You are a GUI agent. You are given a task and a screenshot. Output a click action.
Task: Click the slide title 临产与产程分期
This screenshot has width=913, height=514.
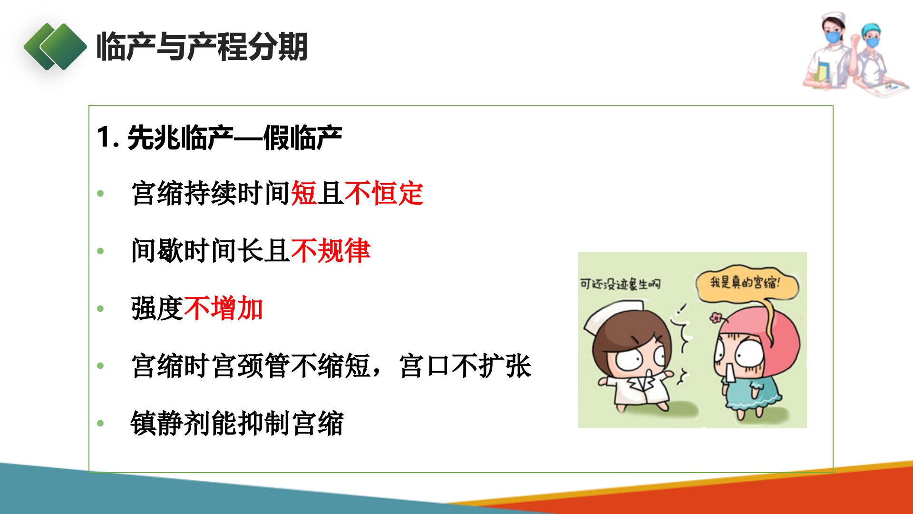tap(202, 47)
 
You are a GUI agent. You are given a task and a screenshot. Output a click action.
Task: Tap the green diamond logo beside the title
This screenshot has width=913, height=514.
tap(55, 47)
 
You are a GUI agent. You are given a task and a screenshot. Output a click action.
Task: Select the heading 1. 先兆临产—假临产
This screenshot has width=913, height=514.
tap(219, 138)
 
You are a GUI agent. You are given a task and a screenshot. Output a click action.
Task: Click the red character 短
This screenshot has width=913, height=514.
tap(304, 193)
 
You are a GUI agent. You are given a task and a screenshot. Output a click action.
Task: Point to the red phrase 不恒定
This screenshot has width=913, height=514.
tap(384, 193)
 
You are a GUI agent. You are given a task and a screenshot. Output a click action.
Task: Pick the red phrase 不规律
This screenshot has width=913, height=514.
tap(330, 250)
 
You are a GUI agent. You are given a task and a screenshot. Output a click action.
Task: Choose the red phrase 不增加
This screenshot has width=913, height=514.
tap(223, 308)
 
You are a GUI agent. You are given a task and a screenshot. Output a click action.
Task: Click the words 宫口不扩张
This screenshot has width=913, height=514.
tap(465, 366)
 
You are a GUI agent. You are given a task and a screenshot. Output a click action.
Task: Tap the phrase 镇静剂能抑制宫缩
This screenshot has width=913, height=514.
tap(237, 423)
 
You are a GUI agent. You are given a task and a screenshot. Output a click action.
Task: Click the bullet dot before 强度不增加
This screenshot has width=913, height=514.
tap(100, 308)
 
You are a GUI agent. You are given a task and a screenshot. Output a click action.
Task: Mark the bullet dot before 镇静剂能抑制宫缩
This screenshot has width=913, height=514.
tap(100, 423)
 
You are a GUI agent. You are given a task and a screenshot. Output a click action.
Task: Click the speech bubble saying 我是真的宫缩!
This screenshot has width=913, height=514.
tap(747, 285)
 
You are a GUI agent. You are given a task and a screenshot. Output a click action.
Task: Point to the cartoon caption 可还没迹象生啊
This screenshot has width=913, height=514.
tap(620, 284)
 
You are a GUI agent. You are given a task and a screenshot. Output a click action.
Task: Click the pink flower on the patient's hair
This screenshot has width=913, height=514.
tap(716, 317)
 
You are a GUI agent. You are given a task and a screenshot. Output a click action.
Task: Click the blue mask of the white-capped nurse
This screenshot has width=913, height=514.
tap(833, 37)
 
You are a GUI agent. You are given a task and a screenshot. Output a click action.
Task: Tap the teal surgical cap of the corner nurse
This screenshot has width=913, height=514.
tap(871, 29)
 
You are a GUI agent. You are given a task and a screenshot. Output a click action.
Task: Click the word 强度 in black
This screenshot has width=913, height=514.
tap(157, 308)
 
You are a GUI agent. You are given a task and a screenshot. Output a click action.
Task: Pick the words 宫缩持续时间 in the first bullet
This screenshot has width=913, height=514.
tap(211, 193)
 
